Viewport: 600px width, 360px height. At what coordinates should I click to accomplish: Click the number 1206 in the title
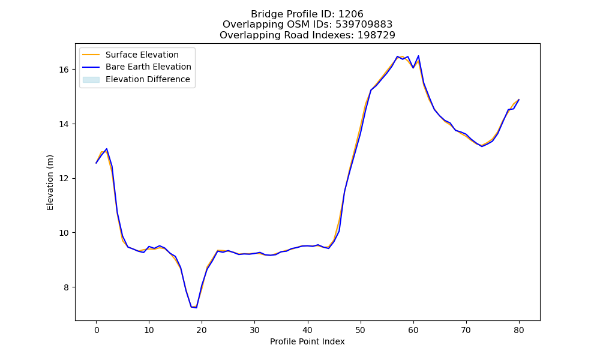[x=350, y=14]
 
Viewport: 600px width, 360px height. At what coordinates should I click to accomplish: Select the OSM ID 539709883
[x=364, y=25]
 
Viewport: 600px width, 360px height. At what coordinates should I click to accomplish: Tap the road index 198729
[x=376, y=35]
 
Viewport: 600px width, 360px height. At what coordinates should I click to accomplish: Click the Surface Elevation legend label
[x=142, y=55]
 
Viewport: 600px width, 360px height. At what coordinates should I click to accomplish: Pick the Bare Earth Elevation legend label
[x=148, y=67]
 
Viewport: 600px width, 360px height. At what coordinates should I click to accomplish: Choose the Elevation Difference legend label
[x=148, y=79]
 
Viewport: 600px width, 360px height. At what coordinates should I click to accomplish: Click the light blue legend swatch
[x=91, y=80]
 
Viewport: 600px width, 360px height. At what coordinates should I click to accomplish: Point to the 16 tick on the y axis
[x=64, y=70]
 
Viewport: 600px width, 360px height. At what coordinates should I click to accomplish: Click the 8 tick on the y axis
[x=67, y=287]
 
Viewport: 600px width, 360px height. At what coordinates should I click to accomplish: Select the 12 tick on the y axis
[x=64, y=179]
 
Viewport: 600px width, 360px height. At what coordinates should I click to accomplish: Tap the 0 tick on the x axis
[x=97, y=330]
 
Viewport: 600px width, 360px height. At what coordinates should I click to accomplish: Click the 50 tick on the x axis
[x=361, y=330]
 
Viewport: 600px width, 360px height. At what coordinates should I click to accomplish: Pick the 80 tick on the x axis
[x=519, y=330]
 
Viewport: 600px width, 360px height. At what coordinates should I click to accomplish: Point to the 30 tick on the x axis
[x=255, y=330]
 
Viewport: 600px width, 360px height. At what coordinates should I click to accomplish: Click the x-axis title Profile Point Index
[x=307, y=341]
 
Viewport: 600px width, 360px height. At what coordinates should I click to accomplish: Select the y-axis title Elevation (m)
[x=50, y=182]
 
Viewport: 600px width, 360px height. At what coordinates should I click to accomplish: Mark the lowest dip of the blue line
[x=196, y=308]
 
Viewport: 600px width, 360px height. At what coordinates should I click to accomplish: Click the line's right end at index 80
[x=519, y=100]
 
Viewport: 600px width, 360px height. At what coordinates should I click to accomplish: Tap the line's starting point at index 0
[x=97, y=163]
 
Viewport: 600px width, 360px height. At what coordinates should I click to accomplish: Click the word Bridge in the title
[x=263, y=14]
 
